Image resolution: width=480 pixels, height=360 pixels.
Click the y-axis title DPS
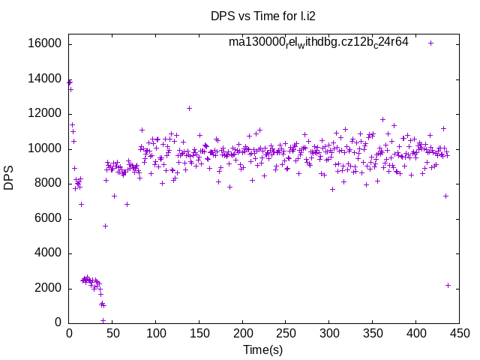point(9,178)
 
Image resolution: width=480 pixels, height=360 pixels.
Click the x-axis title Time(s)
point(262,349)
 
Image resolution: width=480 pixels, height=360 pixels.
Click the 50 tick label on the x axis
point(112,333)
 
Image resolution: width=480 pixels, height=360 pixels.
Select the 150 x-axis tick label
point(199,333)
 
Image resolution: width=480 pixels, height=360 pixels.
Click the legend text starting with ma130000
point(319,42)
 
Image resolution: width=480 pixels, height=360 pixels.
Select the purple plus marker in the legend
point(430,43)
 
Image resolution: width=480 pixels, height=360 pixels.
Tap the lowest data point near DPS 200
point(103,320)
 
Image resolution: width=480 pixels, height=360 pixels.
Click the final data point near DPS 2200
point(448,285)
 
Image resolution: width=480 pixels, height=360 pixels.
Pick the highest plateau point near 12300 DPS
point(189,108)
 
